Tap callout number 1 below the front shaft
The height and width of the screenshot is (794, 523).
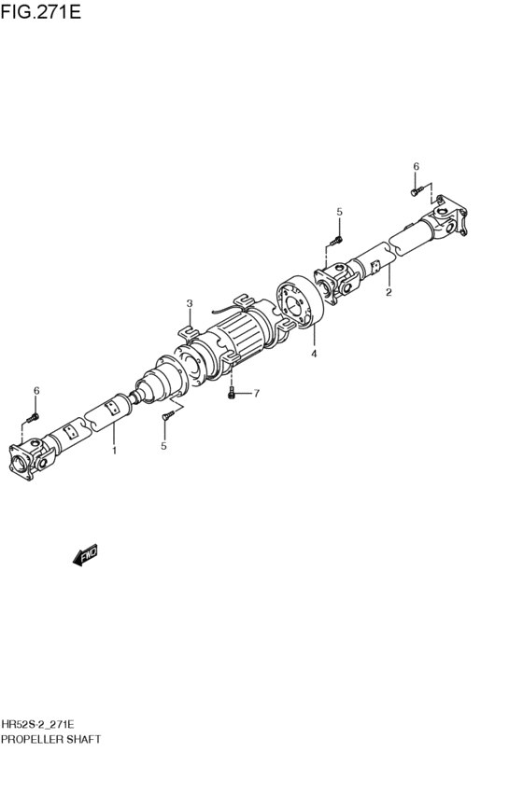[114, 451]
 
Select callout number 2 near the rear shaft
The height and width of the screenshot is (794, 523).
[190, 303]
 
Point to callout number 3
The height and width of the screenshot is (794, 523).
[314, 354]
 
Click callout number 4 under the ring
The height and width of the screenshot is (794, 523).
[314, 354]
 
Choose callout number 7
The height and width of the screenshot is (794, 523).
[256, 393]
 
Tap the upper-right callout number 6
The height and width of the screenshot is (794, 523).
[417, 166]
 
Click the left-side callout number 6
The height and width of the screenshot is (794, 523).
[36, 390]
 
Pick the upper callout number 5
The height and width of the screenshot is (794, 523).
[340, 212]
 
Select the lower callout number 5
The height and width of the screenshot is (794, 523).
[163, 446]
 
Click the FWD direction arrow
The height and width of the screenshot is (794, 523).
[85, 557]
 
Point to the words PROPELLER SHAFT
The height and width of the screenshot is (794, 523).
[50, 738]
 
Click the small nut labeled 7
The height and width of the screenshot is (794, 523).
[231, 395]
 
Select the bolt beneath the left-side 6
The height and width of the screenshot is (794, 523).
[34, 415]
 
